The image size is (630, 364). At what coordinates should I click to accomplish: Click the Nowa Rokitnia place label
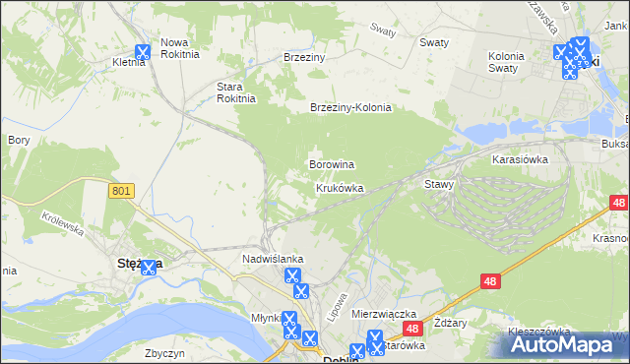point(179,48)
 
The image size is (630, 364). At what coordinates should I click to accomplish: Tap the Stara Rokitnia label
point(236,92)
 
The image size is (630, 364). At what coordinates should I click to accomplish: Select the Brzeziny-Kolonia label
point(350,108)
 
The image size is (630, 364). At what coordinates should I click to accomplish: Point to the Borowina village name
point(332,164)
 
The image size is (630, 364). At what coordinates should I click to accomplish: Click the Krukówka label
point(340,188)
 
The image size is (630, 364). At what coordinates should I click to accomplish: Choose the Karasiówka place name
point(519,157)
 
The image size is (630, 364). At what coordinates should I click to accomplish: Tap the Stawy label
point(439,184)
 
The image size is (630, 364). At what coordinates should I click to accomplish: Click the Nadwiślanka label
point(273,259)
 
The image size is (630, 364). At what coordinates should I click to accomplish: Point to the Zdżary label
point(449,322)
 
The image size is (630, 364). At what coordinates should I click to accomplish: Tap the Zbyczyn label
point(164,352)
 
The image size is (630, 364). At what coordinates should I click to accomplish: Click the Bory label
point(19,141)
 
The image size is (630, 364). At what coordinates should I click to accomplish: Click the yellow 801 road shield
point(122,192)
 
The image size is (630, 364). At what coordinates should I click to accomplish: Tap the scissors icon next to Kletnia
point(142,52)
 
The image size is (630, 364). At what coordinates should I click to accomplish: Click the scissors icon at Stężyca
point(148,266)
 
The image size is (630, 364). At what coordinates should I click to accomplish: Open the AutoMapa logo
point(565,344)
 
